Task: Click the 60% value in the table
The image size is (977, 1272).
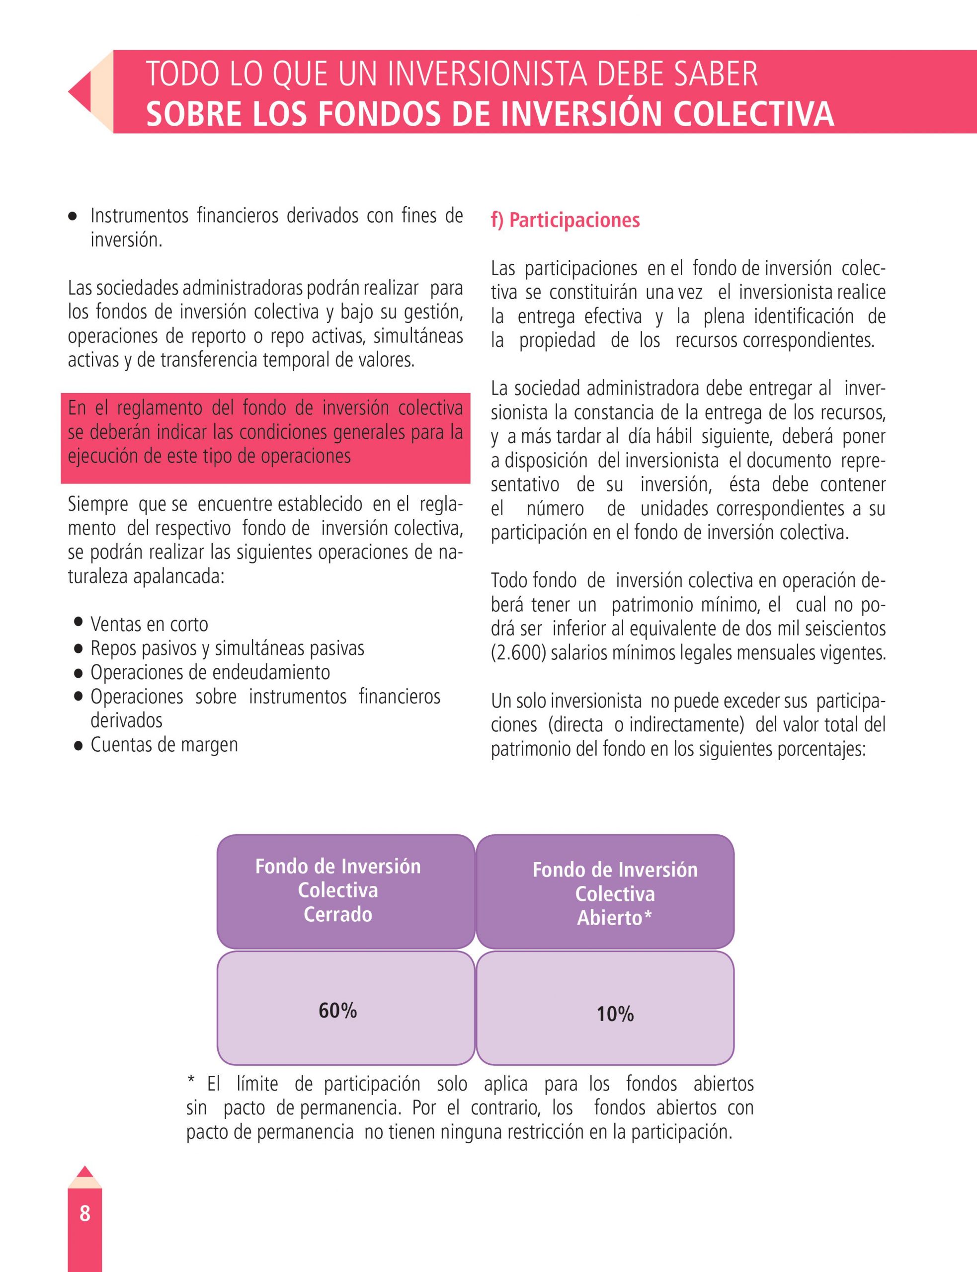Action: pyautogui.click(x=337, y=1010)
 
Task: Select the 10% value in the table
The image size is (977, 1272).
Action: pyautogui.click(x=615, y=1014)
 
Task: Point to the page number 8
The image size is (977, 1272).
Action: pyautogui.click(x=85, y=1213)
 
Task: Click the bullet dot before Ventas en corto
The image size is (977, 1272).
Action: pyautogui.click(x=79, y=622)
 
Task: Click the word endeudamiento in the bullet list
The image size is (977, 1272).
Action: pyautogui.click(x=271, y=673)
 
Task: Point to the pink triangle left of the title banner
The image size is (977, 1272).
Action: pyautogui.click(x=80, y=92)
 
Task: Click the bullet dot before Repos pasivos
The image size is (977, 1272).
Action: pyautogui.click(x=79, y=649)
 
